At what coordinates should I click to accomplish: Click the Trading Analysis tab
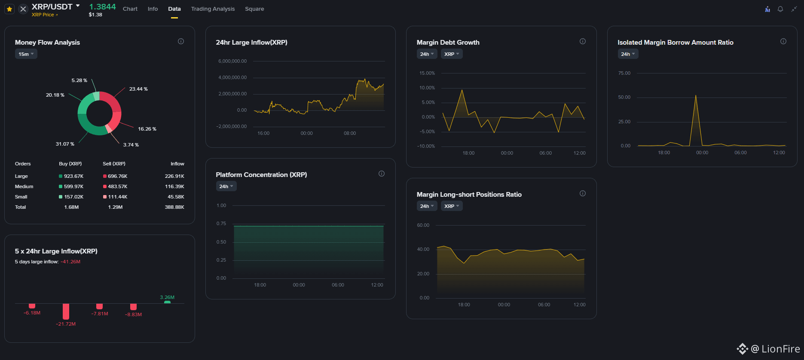click(x=213, y=9)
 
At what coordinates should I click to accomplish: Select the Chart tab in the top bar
click(x=130, y=9)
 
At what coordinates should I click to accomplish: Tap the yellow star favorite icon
click(x=9, y=9)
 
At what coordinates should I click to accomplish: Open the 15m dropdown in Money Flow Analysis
click(x=26, y=54)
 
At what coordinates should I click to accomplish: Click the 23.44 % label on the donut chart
click(x=138, y=89)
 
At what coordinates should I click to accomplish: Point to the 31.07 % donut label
click(x=65, y=144)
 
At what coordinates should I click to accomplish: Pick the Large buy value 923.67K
click(x=73, y=176)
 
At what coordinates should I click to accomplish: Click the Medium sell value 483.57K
click(x=118, y=186)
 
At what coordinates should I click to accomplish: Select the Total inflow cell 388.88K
click(x=174, y=207)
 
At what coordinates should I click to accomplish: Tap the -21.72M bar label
click(x=66, y=324)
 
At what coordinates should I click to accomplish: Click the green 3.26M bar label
click(x=167, y=297)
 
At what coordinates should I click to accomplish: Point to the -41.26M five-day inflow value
click(x=70, y=262)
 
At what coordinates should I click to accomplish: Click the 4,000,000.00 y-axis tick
click(x=232, y=77)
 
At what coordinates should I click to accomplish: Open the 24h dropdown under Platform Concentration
click(x=226, y=186)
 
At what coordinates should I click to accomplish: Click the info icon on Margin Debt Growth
click(x=583, y=41)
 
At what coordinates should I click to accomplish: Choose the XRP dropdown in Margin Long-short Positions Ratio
click(x=452, y=206)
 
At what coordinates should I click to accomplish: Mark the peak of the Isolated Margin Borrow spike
click(x=696, y=95)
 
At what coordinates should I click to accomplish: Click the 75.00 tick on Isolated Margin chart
click(x=624, y=73)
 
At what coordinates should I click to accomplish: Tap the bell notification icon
click(x=780, y=9)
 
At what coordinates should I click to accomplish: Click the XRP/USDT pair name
click(x=52, y=6)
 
